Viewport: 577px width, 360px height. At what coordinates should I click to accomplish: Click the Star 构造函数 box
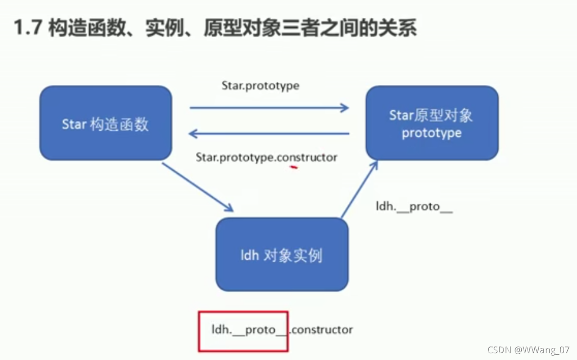coord(106,123)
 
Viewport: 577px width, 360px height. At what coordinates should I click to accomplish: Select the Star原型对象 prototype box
coord(432,123)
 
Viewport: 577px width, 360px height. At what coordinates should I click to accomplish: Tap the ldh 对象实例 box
coord(282,254)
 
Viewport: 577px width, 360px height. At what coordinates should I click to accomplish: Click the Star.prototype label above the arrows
coord(260,86)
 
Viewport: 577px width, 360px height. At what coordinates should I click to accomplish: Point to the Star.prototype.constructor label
coord(266,157)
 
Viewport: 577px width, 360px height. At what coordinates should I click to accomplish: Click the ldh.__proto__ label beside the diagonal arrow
coord(414,207)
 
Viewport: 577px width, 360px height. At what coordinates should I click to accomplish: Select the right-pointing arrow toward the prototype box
coord(269,108)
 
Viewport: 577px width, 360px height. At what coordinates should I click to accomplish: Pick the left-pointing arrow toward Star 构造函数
coord(269,133)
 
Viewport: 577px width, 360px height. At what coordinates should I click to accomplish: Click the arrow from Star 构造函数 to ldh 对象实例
coord(197,187)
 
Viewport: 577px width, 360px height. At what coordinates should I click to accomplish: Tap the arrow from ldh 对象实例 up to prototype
coord(359,190)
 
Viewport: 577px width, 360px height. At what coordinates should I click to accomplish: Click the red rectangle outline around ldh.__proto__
coord(243,312)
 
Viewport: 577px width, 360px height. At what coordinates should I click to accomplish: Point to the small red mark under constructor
coord(293,168)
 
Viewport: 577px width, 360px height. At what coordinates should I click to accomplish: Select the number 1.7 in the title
coord(29,29)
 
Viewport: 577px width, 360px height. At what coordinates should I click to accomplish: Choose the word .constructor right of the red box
coord(321,330)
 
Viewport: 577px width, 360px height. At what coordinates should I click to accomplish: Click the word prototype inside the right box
coord(432,133)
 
